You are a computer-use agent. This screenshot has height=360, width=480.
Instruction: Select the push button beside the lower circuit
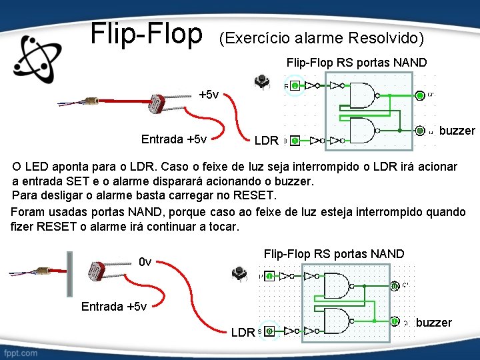[238, 273]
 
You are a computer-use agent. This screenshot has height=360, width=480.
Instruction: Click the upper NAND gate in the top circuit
[363, 95]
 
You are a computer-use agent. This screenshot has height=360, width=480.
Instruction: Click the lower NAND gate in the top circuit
[363, 131]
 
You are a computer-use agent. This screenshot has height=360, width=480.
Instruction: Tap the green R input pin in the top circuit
[294, 85]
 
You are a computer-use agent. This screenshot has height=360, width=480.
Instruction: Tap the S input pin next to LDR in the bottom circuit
[269, 331]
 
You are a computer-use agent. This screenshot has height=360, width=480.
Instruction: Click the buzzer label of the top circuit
[457, 131]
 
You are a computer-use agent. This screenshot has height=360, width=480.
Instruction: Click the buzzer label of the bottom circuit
[433, 323]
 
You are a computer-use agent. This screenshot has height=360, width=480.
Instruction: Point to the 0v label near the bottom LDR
[145, 261]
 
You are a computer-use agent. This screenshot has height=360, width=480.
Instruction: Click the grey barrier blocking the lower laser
[69, 273]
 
